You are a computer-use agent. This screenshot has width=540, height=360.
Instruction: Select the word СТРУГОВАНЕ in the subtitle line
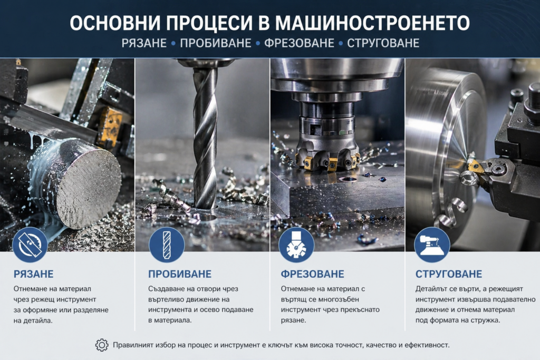coord(383,43)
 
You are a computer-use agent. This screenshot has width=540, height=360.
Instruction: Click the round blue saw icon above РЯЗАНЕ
coord(30,245)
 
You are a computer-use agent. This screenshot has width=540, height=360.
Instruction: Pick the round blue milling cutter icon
coord(296,245)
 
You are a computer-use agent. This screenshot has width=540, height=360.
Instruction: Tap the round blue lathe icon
coord(432,245)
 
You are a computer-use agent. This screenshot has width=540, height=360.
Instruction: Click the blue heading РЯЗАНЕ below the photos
coord(33,274)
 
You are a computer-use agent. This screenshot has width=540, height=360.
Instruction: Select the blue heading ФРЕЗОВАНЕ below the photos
coord(312,274)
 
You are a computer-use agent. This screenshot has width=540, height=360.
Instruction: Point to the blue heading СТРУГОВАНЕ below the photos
coord(448,274)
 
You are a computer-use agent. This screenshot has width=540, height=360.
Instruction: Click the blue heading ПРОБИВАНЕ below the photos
coord(180,274)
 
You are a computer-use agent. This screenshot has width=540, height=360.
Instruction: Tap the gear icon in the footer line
coord(102,345)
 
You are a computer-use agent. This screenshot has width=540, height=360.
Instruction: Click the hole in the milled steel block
coord(348,179)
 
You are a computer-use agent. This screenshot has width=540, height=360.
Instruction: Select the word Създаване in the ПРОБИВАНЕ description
coord(166,289)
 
